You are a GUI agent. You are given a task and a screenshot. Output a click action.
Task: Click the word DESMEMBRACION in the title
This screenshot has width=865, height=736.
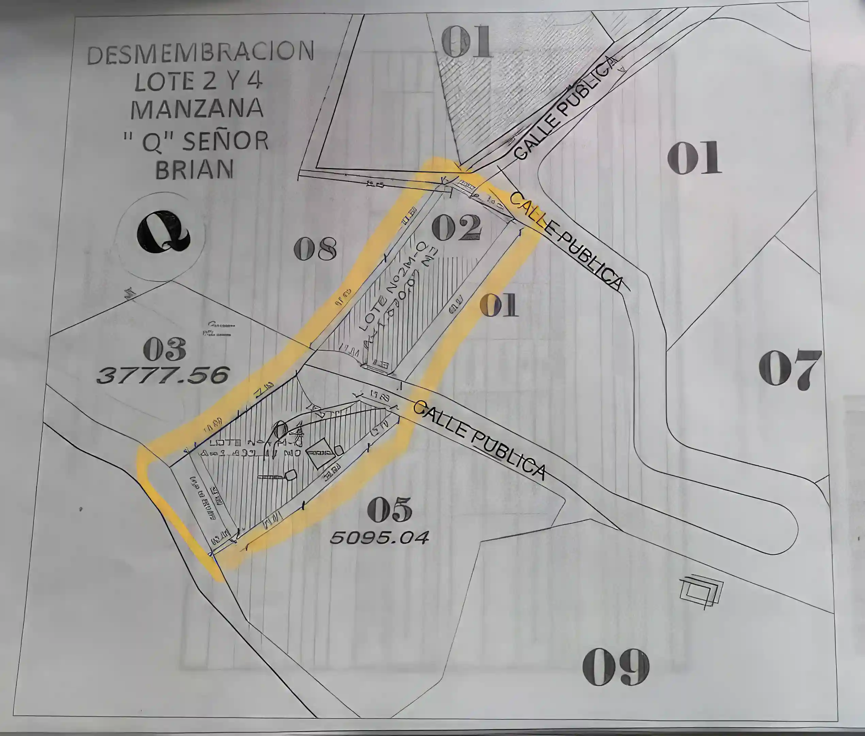pyautogui.click(x=200, y=52)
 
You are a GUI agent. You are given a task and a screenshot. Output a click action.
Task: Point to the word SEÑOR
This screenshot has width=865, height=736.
pyautogui.click(x=225, y=141)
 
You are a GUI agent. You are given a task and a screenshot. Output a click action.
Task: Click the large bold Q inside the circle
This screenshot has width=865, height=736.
pyautogui.click(x=163, y=232)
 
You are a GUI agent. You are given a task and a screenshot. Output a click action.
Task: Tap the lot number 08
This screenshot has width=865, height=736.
pyautogui.click(x=315, y=249)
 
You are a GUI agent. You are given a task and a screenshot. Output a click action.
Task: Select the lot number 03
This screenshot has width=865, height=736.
pyautogui.click(x=164, y=350)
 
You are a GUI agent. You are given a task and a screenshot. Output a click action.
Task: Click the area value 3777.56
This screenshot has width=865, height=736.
pyautogui.click(x=163, y=375)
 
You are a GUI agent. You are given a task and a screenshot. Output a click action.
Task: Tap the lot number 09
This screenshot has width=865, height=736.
pyautogui.click(x=615, y=667)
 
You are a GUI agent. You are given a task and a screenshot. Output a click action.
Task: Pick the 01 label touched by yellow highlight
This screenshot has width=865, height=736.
pyautogui.click(x=499, y=305)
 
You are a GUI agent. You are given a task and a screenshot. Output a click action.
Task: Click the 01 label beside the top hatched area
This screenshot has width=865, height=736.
pyautogui.click(x=466, y=42)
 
